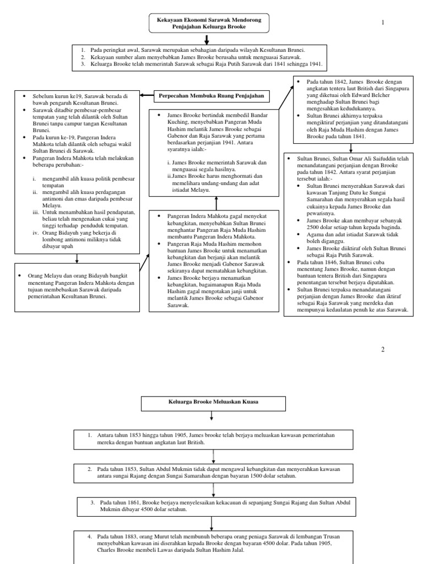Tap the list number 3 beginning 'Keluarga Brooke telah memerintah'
click(x=82, y=64)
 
